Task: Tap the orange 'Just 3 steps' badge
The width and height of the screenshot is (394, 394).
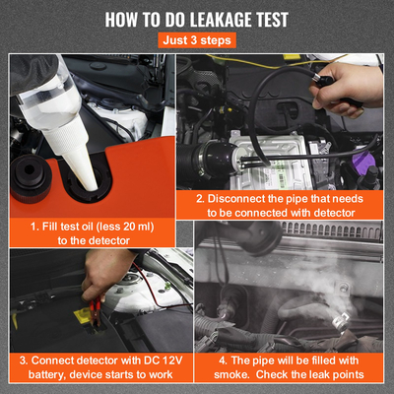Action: [197, 40]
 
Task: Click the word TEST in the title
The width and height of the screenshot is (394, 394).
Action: [272, 20]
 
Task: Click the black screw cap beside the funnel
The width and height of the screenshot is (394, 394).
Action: [31, 178]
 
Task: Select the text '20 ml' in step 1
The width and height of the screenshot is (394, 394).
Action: [137, 227]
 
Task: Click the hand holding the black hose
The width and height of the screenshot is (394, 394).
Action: [346, 90]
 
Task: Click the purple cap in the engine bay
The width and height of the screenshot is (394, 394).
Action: [364, 160]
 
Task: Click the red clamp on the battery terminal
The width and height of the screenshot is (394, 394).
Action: [97, 310]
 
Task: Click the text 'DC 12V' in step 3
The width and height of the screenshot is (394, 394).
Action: [163, 361]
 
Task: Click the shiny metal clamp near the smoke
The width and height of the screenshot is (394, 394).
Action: [340, 322]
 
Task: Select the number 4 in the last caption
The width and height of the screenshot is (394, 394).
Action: [223, 361]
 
